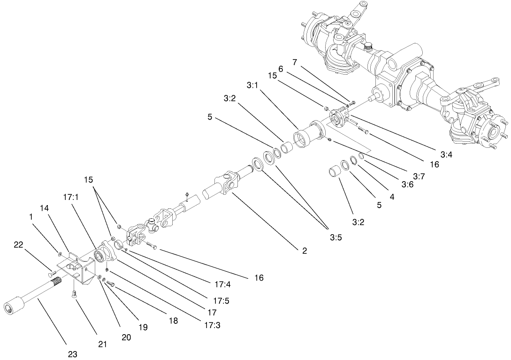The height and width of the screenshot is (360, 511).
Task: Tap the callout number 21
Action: pyautogui.click(x=102, y=345)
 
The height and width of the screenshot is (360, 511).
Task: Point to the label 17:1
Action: pyautogui.click(x=70, y=198)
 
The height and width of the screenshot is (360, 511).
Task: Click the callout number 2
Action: pyautogui.click(x=304, y=251)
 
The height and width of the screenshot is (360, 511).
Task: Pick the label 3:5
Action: pyautogui.click(x=335, y=237)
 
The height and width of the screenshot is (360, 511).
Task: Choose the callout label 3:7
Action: pyautogui.click(x=419, y=176)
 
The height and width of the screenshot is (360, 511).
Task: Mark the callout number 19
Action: pyautogui.click(x=142, y=327)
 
